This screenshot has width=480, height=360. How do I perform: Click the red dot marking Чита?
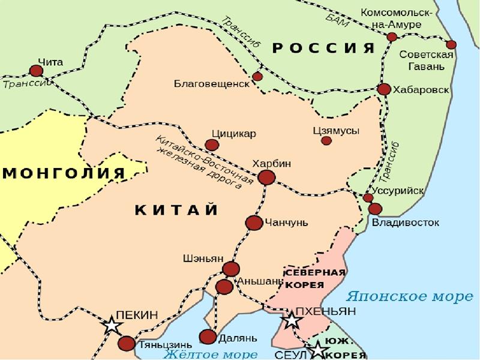click(37, 71)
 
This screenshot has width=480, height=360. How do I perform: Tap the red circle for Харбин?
click(266, 177)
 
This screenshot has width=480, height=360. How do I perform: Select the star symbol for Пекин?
click(112, 326)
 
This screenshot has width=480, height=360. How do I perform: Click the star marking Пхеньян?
click(292, 320)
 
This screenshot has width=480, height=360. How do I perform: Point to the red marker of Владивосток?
click(375, 209)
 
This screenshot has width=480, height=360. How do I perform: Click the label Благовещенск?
click(211, 83)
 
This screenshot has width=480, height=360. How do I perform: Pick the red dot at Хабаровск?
click(384, 89)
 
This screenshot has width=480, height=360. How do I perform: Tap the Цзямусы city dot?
click(326, 140)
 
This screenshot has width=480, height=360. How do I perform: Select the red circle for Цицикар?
click(212, 145)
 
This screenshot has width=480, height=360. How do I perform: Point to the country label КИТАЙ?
click(176, 209)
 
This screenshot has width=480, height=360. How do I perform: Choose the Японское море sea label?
click(406, 296)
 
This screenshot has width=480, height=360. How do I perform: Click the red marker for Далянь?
click(208, 337)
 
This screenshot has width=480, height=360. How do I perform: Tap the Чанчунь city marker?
click(254, 223)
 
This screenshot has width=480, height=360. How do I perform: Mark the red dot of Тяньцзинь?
click(127, 344)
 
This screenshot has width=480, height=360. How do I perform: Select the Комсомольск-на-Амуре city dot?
click(392, 37)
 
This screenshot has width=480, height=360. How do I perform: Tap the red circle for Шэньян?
click(231, 269)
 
